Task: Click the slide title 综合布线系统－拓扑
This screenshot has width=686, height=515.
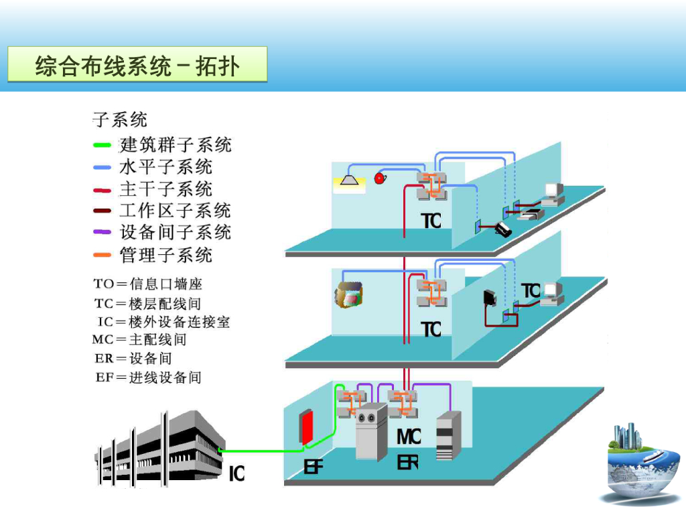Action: tap(137, 66)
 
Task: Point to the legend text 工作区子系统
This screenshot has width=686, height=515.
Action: tap(176, 211)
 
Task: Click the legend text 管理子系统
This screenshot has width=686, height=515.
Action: tap(165, 255)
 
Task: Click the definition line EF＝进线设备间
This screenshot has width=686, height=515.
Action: tap(148, 377)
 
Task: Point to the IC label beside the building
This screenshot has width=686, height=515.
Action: tap(236, 474)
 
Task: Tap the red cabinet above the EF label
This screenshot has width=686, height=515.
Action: tap(307, 427)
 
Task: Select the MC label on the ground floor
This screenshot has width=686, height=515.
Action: tap(409, 437)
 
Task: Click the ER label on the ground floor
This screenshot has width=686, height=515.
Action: tap(407, 462)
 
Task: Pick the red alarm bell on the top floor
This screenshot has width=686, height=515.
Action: tap(380, 178)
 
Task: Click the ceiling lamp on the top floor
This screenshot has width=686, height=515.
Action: tap(349, 179)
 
